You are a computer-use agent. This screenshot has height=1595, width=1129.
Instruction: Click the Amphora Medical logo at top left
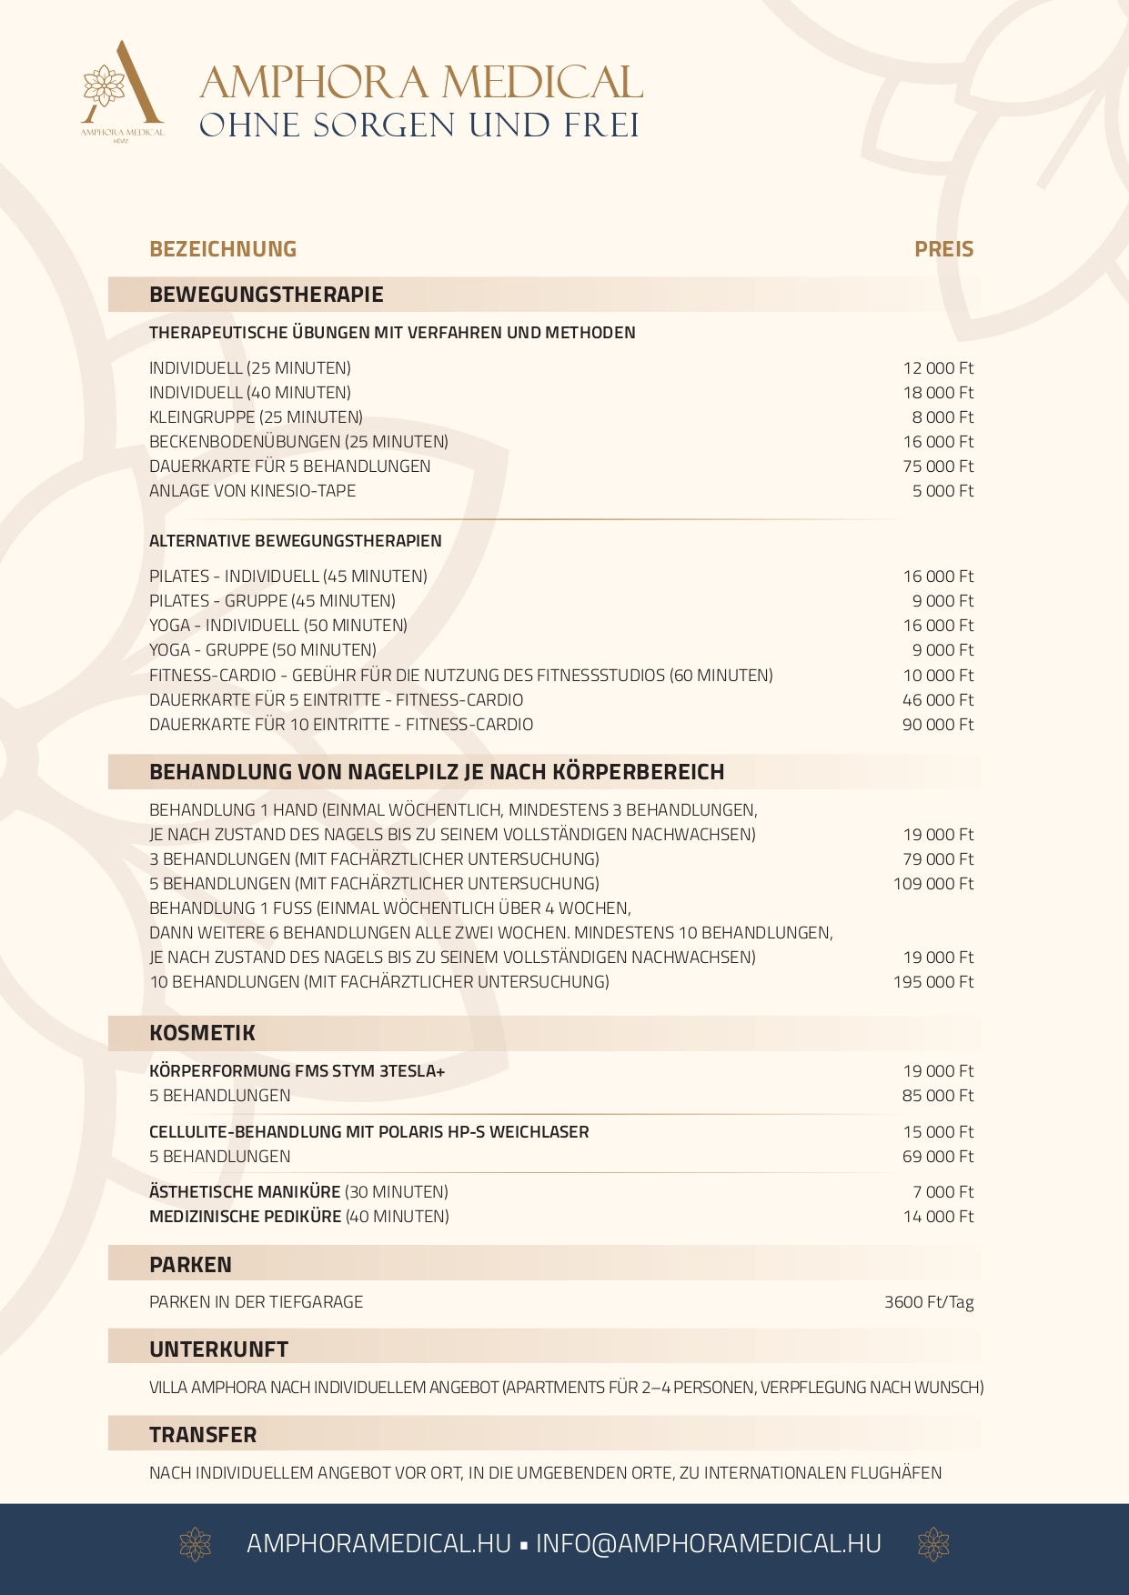click(123, 91)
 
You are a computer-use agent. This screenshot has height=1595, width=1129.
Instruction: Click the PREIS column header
click(943, 249)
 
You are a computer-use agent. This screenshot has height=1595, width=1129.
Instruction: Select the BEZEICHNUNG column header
click(223, 249)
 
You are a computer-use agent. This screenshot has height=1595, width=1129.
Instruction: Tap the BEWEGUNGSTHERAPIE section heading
click(267, 295)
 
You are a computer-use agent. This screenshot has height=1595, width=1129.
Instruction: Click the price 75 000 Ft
click(937, 466)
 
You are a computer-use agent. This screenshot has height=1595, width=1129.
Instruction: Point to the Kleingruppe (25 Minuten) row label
click(256, 417)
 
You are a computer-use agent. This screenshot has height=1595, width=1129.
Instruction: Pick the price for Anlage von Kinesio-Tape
click(943, 491)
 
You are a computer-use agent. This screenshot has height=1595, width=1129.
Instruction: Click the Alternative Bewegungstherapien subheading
click(296, 541)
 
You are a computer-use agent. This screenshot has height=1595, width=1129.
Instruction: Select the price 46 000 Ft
click(937, 700)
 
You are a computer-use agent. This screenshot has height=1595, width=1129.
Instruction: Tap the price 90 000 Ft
click(937, 725)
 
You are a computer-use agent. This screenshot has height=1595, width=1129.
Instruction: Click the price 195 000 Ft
click(932, 982)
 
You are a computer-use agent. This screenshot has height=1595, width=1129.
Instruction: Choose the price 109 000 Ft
click(932, 884)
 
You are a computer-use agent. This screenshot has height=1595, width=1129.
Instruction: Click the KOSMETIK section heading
click(202, 1033)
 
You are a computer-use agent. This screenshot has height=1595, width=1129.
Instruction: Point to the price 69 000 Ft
click(937, 1157)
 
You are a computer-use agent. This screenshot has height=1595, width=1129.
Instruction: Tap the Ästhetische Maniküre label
click(245, 1192)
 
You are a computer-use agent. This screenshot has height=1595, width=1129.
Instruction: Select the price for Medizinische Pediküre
click(938, 1217)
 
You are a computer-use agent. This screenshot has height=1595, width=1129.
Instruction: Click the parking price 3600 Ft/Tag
click(929, 1302)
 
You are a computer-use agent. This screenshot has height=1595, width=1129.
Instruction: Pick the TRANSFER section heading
click(203, 1435)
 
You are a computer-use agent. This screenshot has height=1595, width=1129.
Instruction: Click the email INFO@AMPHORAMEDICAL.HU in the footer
click(708, 1544)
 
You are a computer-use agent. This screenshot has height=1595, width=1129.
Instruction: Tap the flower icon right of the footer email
click(933, 1544)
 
